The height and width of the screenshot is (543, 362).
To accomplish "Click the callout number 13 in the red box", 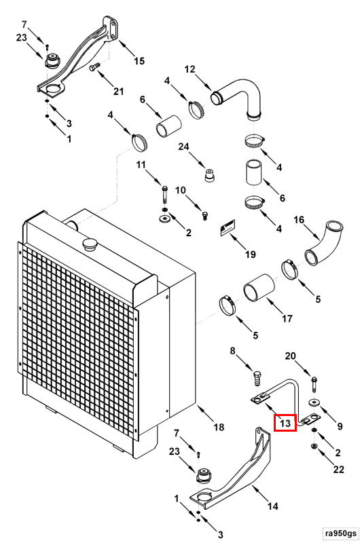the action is click(x=285, y=423).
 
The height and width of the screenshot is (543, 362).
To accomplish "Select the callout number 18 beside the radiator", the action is click(x=219, y=427).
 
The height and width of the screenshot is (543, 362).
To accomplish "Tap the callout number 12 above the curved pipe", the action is click(x=190, y=70).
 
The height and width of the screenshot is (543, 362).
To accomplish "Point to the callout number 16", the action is click(x=299, y=219).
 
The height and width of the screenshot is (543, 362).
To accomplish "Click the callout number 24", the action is click(x=183, y=147).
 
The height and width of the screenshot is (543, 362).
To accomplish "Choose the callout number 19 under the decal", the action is click(x=251, y=255).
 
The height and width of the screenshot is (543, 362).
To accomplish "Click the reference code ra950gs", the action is click(x=340, y=533).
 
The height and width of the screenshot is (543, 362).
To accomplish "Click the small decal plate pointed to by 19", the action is click(x=228, y=227).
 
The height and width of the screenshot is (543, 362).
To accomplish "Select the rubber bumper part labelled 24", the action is click(x=209, y=174).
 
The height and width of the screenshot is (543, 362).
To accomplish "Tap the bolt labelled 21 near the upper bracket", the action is click(x=94, y=67).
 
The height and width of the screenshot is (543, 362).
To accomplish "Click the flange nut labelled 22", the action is click(x=314, y=446).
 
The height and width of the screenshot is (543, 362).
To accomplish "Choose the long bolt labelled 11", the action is click(x=164, y=195).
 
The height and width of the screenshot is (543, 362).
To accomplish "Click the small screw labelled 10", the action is click(x=204, y=216).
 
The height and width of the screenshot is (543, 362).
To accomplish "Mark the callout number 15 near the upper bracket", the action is click(x=139, y=61).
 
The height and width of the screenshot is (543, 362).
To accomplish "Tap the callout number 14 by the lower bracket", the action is click(x=273, y=506).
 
